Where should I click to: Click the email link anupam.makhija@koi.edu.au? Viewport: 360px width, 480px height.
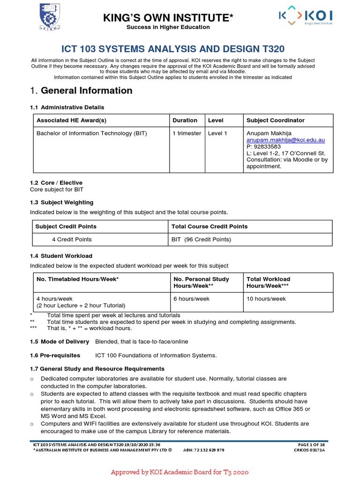click(285, 140)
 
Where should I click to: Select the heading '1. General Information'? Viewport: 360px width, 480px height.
click(81, 90)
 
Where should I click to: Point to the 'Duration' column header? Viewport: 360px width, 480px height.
click(185, 120)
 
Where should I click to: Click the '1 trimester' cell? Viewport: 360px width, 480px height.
click(187, 134)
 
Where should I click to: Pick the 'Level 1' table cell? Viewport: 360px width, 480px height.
click(217, 134)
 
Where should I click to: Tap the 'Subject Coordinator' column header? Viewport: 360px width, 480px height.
click(275, 120)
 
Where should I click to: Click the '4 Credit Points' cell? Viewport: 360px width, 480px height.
click(72, 240)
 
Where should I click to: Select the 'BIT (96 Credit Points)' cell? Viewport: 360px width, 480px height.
click(201, 240)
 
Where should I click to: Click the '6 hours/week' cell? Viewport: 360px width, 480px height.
click(191, 299)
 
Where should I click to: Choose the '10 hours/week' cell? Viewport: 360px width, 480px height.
click(266, 299)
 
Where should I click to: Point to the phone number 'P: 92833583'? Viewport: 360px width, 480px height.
click(264, 146)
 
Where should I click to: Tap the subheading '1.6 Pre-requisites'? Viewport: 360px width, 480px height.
click(55, 355)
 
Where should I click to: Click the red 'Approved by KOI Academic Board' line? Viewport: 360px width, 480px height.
click(180, 472)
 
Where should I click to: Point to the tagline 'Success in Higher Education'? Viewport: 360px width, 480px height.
click(168, 27)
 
